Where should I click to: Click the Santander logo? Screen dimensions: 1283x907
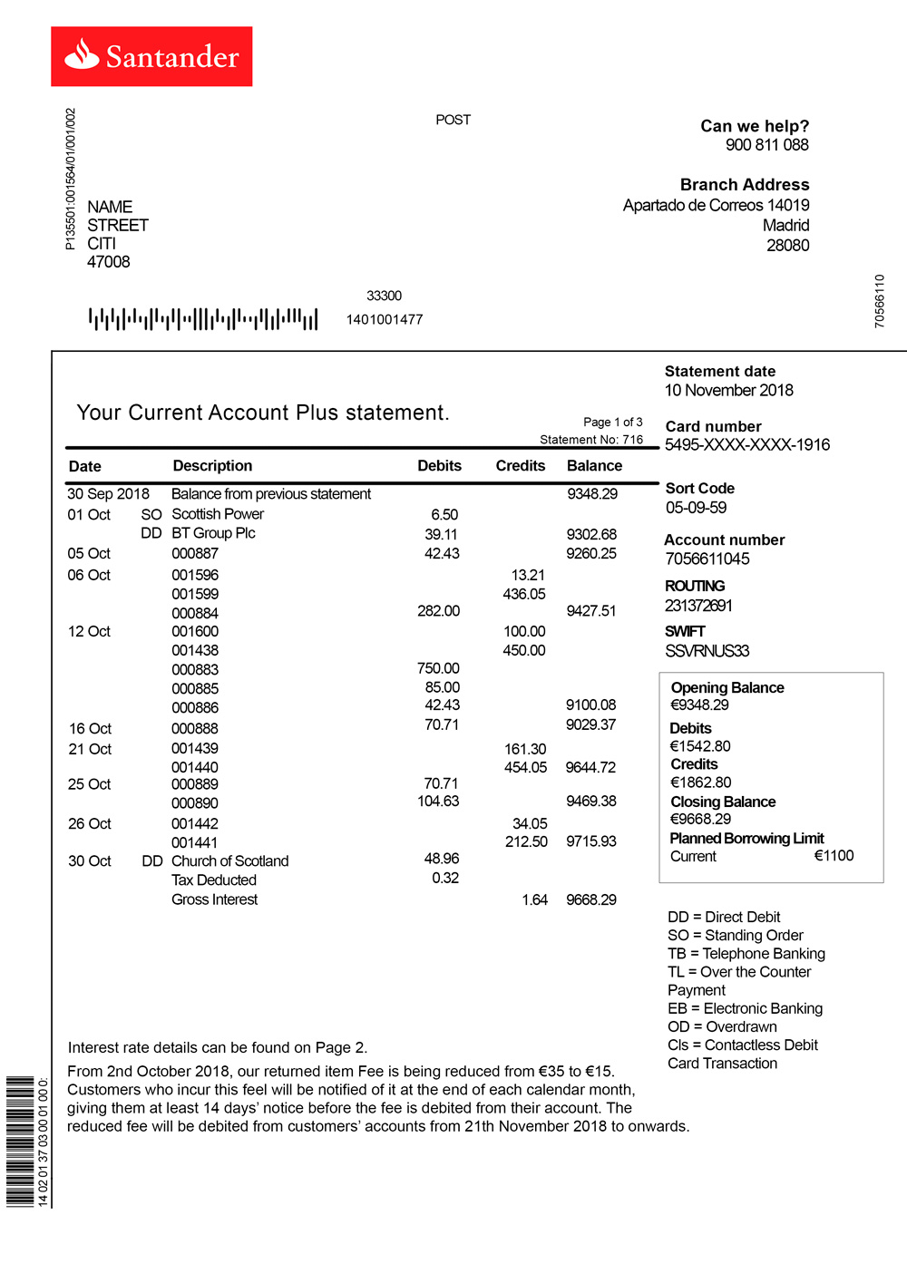(151, 56)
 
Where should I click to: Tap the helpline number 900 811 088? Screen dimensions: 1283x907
(766, 145)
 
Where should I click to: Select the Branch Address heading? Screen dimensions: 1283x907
(744, 184)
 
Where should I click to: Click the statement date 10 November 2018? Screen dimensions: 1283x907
(728, 390)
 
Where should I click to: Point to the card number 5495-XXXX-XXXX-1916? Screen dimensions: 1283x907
(747, 444)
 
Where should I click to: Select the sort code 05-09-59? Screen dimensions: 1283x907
(696, 508)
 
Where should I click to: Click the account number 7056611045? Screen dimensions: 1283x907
(707, 559)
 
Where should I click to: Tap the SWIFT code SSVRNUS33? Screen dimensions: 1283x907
(707, 651)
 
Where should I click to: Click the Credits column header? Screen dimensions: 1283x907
(520, 465)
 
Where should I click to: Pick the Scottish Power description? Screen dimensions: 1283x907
(218, 514)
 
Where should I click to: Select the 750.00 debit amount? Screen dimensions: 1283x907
(438, 668)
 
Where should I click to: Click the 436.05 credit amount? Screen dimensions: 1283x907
(524, 594)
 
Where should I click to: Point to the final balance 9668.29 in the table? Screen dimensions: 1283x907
(590, 899)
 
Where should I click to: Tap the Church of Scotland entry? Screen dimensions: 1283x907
(229, 860)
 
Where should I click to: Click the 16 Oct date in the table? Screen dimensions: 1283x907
(90, 728)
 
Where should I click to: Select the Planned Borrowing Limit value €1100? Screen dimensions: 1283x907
(834, 856)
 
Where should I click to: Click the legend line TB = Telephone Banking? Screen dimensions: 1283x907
(746, 953)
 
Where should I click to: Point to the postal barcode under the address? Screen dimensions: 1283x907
(203, 319)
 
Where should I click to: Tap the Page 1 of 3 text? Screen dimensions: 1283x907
(612, 422)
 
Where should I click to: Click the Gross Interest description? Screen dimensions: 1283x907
(214, 899)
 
